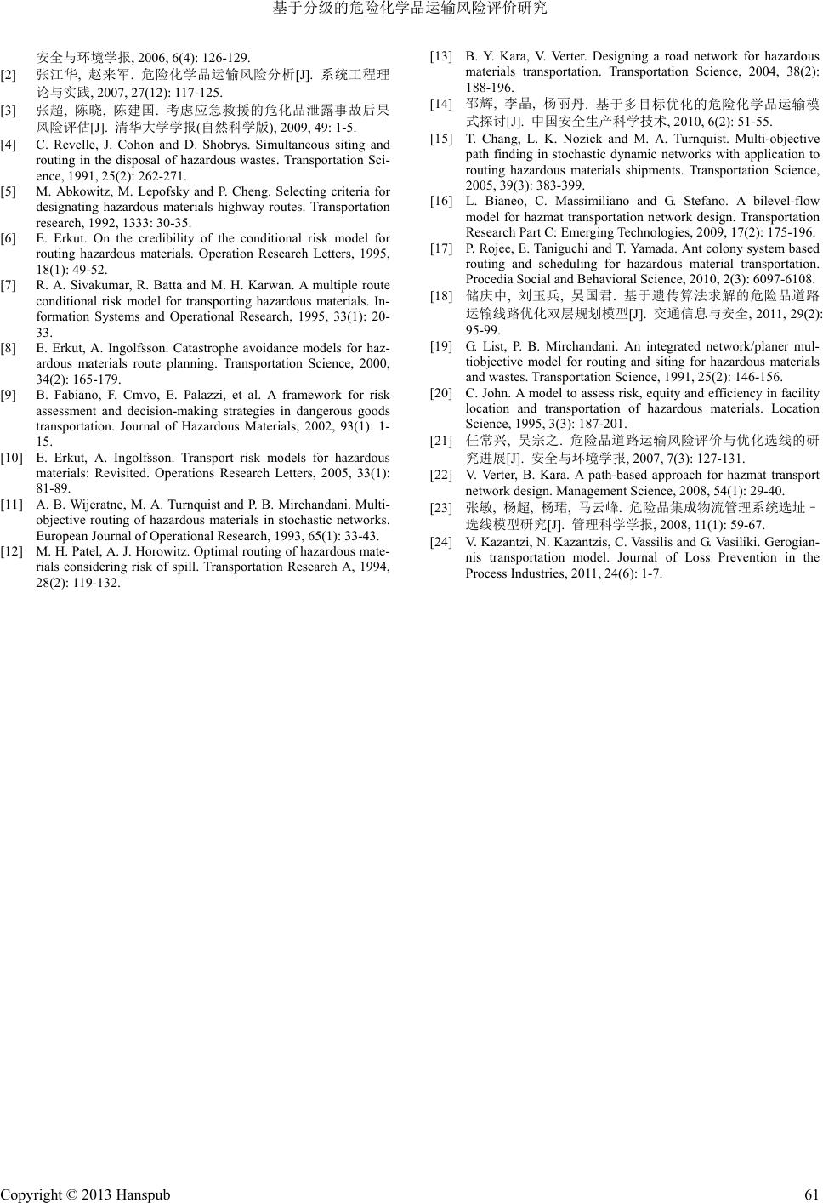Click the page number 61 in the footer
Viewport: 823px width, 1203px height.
(811, 1194)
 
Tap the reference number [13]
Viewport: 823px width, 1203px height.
(441, 56)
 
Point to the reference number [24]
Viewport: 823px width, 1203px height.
(441, 542)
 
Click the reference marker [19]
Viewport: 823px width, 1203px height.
(441, 346)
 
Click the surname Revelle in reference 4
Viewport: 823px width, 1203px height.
(72, 145)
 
